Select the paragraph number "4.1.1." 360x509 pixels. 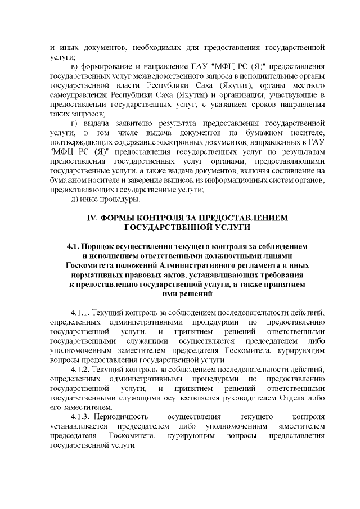(x=80, y=313)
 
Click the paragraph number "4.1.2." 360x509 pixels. (x=80, y=369)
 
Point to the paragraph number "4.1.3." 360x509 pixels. (x=80, y=417)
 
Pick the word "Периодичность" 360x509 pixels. (x=122, y=417)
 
